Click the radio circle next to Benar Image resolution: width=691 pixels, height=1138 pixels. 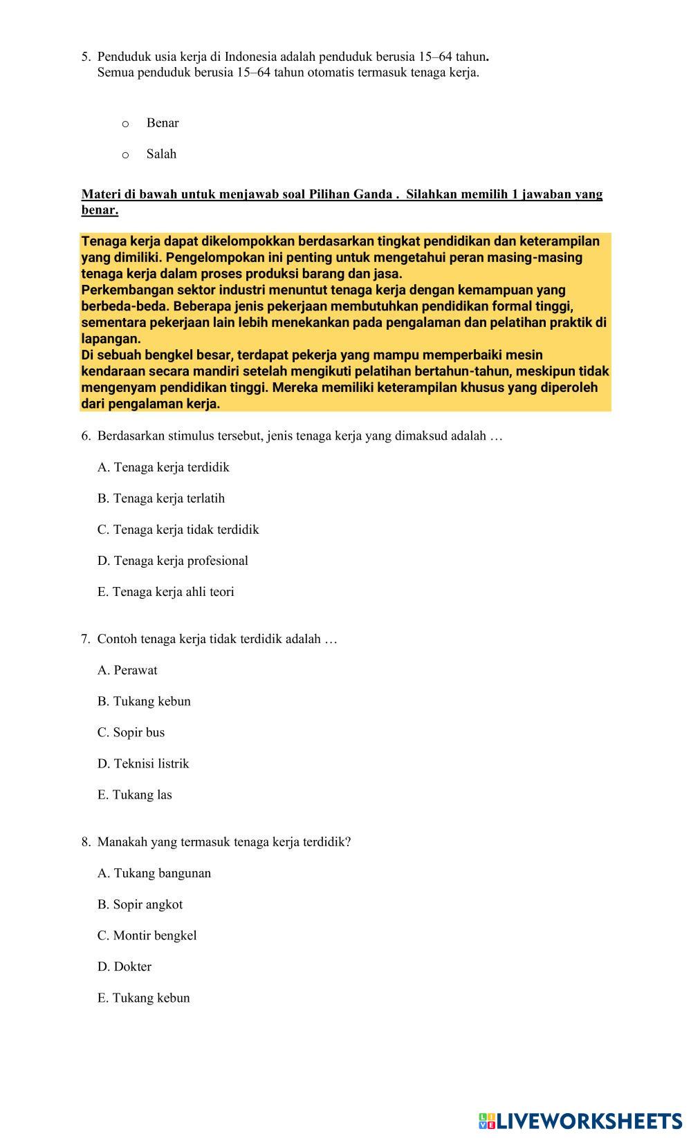[x=125, y=124]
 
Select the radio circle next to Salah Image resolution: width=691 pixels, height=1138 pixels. [x=125, y=155]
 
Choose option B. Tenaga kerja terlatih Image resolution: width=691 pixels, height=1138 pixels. [x=161, y=498]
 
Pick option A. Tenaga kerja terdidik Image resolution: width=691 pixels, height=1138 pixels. [x=163, y=467]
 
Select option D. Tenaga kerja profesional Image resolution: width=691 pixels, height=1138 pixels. [x=173, y=561]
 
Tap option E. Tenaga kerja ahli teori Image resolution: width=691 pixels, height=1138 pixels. [x=166, y=592]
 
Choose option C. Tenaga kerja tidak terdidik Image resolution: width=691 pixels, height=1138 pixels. [x=178, y=530]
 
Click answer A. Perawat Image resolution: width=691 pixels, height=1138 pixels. [x=127, y=670]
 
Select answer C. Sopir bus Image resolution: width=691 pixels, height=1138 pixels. [x=131, y=732]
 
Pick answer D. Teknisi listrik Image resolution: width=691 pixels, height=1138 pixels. [x=143, y=763]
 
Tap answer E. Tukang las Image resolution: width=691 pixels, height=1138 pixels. [x=135, y=794]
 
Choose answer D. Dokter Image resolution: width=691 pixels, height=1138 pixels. [x=125, y=967]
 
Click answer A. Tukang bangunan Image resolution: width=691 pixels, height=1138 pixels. [x=154, y=873]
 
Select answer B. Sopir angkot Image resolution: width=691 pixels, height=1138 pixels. [x=140, y=904]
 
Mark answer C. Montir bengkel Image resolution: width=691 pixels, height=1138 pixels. [x=147, y=935]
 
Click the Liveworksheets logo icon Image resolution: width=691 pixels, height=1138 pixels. [x=487, y=1121]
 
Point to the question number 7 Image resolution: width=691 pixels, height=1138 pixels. [x=85, y=639]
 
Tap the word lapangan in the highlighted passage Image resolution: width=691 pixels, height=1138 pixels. [x=111, y=339]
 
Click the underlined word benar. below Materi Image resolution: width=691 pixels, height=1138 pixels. [x=100, y=210]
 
